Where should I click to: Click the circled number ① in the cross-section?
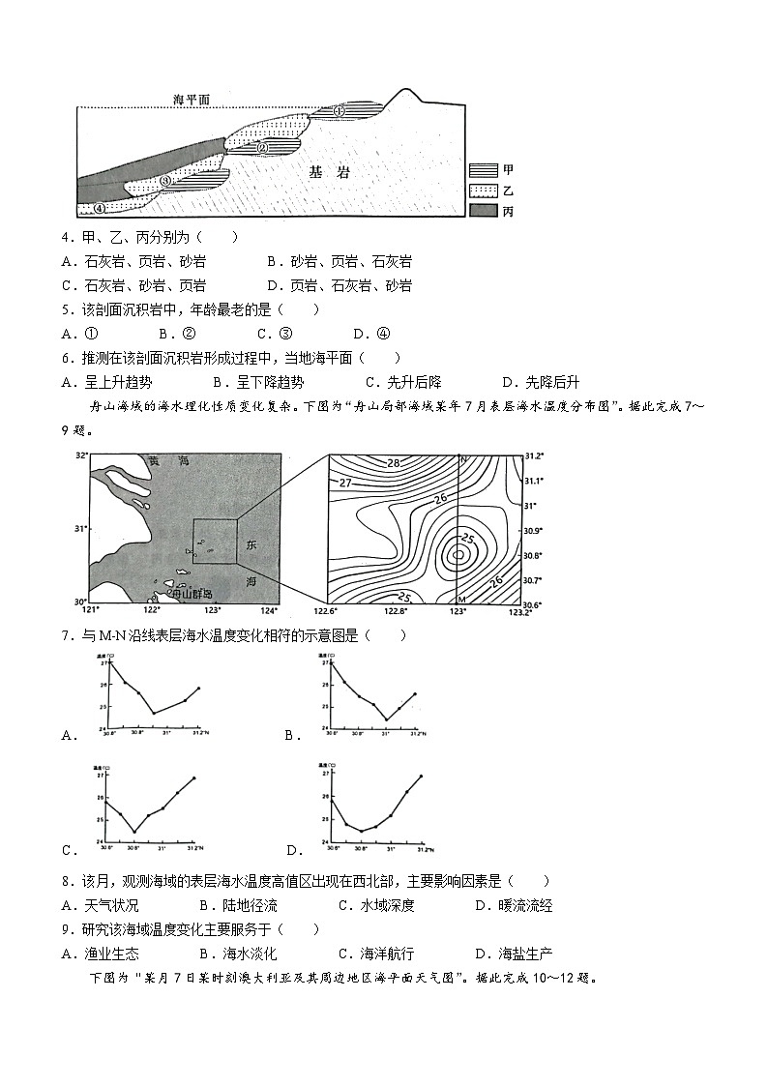pos(340,111)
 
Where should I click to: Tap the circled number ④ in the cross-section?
pos(100,207)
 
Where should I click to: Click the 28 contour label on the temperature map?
pos(394,463)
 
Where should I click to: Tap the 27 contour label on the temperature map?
pos(345,482)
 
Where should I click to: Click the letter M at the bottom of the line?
pos(461,600)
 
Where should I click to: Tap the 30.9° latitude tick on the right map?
pos(533,530)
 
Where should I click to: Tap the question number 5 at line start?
pos(65,309)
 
